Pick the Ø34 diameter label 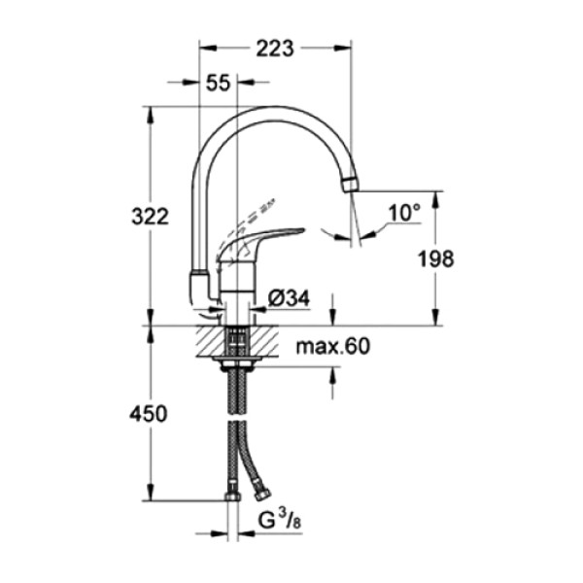click(289, 300)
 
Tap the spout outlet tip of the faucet click(350, 185)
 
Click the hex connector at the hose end click(233, 498)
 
